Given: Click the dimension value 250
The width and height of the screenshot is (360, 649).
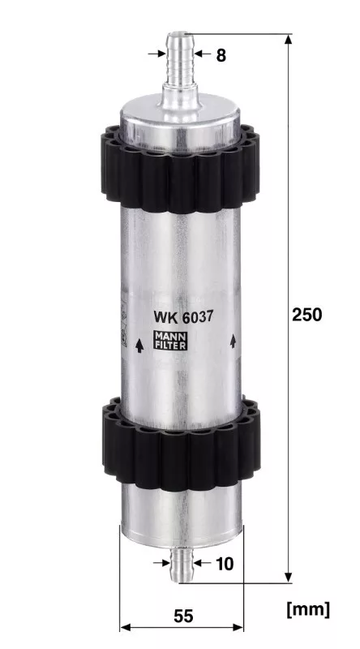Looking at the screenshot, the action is pyautogui.click(x=306, y=315).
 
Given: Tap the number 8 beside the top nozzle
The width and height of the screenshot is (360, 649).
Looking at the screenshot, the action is pyautogui.click(x=221, y=55).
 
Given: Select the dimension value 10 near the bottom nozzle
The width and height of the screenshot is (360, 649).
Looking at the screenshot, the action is pyautogui.click(x=225, y=564).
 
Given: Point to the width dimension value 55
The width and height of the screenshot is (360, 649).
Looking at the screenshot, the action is pyautogui.click(x=183, y=617).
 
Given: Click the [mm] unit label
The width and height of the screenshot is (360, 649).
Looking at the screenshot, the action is pyautogui.click(x=308, y=609).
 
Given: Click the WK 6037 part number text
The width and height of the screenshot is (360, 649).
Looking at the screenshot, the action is pyautogui.click(x=183, y=317).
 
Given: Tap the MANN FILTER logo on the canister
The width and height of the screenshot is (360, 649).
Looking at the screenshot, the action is pyautogui.click(x=170, y=341).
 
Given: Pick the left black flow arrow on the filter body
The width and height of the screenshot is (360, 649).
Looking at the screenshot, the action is pyautogui.click(x=139, y=346).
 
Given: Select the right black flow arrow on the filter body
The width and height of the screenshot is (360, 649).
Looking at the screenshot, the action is pyautogui.click(x=233, y=341).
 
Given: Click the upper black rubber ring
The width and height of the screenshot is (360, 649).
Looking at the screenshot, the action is pyautogui.click(x=180, y=170).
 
